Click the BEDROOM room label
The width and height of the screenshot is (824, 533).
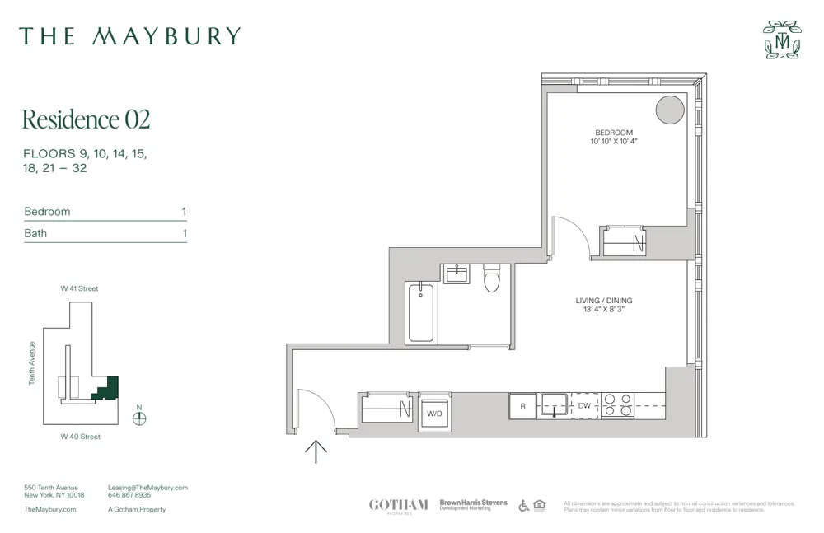[614, 133]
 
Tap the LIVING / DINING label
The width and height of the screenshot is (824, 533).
[604, 301]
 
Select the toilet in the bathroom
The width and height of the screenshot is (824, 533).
[492, 279]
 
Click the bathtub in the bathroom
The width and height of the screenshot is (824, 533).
[421, 312]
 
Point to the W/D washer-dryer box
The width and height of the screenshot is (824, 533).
[433, 412]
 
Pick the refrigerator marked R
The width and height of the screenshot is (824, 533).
[522, 406]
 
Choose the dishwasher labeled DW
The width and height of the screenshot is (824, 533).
[584, 406]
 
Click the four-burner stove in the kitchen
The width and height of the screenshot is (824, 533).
[618, 405]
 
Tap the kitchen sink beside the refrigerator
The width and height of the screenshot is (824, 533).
[554, 404]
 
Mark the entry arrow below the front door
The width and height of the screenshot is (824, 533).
[316, 451]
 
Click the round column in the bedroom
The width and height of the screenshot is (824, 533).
[670, 110]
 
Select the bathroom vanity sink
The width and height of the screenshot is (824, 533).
[456, 274]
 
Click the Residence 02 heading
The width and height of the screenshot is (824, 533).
[86, 119]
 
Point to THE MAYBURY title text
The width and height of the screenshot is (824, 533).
[130, 36]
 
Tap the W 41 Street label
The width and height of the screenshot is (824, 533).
[79, 288]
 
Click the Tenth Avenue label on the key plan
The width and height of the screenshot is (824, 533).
[33, 362]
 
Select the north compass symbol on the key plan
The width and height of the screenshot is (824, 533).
[139, 418]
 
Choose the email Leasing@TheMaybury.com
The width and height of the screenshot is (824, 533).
[147, 488]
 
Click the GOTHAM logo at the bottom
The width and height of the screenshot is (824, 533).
[399, 505]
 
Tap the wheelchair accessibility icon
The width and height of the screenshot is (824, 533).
[524, 505]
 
